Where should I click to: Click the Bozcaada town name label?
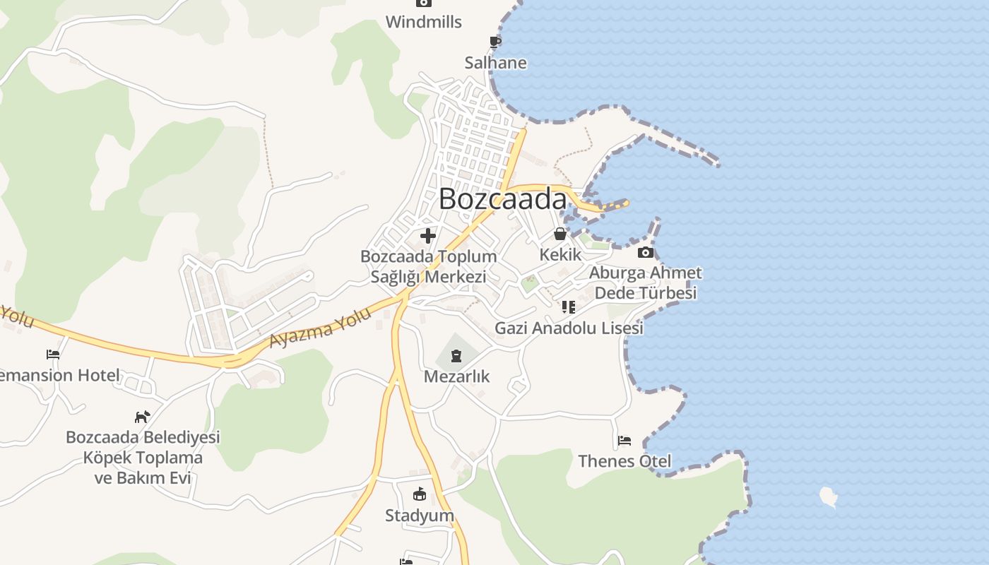pos(502,199)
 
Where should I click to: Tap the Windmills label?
pos(424,22)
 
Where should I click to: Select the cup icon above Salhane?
pos(495,42)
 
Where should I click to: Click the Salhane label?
pos(495,63)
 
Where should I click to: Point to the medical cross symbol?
pos(428,236)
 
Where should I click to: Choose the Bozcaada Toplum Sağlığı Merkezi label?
pos(429,266)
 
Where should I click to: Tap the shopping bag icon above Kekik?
pos(560,234)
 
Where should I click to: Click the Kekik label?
pos(560,254)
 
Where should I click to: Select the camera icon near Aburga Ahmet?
pos(645,253)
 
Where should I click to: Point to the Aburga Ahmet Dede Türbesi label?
pos(646,282)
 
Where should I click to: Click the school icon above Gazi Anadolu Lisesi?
pos(569,307)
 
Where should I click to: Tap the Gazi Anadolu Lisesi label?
pos(569,328)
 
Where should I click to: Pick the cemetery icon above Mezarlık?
pos(456,355)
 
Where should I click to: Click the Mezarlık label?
pos(456,376)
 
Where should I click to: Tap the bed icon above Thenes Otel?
pos(624,441)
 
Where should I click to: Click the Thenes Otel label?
pos(624,461)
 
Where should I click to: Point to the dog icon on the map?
pos(143,417)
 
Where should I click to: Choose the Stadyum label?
pos(420,515)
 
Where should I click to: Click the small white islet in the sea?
pos(829,496)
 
